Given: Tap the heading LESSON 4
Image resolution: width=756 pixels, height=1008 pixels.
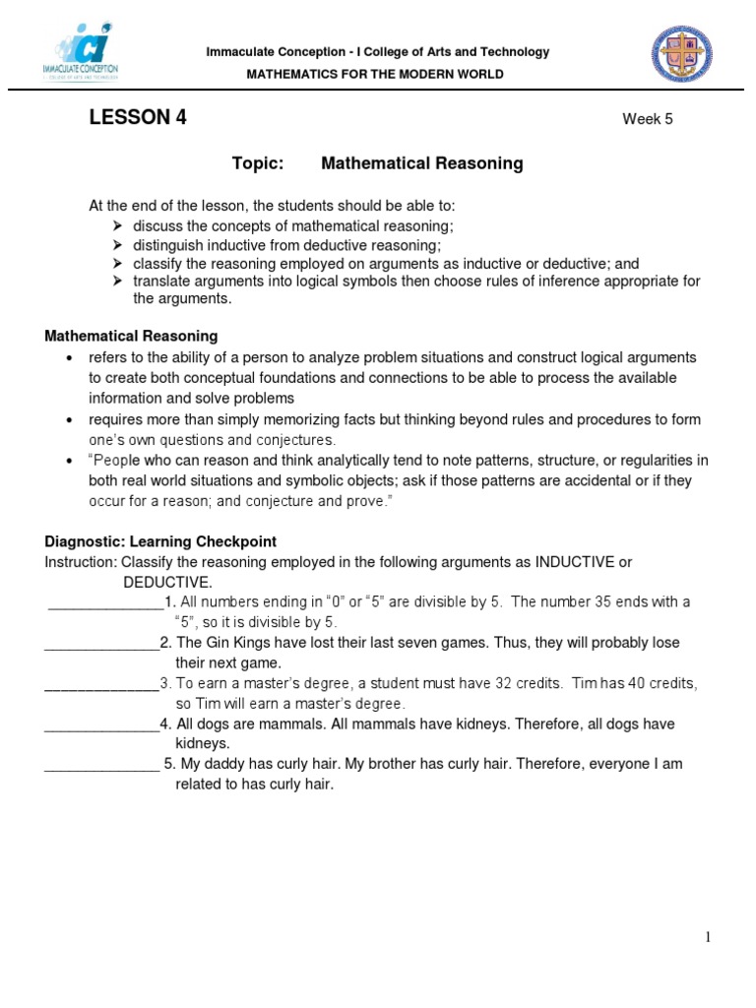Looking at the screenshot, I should click(x=138, y=119).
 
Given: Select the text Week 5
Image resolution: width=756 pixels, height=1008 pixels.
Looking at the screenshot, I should click(x=647, y=120).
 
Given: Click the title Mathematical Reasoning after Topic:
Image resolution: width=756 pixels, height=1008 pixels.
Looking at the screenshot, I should click(x=421, y=164).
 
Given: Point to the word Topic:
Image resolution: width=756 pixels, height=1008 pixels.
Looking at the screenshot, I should click(x=257, y=164).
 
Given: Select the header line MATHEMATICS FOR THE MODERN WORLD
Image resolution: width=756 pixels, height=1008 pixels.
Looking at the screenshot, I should click(x=374, y=74).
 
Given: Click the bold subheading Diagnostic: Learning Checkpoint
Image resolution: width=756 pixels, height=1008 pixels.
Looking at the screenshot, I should click(x=160, y=541).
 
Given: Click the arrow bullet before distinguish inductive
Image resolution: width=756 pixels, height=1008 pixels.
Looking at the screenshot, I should click(x=117, y=245).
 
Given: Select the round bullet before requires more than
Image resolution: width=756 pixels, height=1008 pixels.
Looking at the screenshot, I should click(x=69, y=420).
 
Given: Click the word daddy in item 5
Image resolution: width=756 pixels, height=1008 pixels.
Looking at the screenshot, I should click(x=223, y=765).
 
